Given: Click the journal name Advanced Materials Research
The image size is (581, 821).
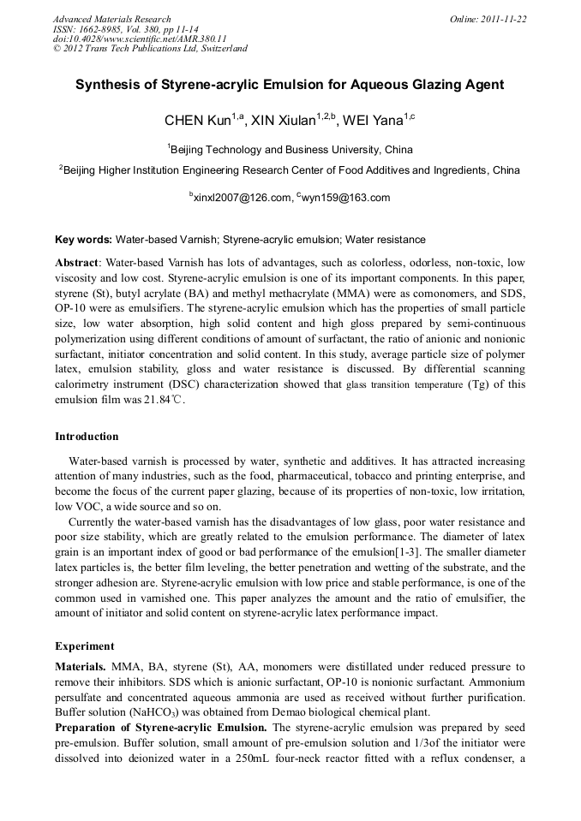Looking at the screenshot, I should (111, 19).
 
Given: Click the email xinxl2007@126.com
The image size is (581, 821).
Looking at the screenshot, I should (243, 198).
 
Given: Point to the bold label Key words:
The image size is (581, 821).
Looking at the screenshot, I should (83, 240).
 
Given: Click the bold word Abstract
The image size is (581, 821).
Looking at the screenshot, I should (78, 262).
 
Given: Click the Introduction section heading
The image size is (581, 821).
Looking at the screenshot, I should (87, 437).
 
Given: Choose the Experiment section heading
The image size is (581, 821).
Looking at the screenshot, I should (84, 645).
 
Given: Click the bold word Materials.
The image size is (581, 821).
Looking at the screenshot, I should (81, 666).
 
